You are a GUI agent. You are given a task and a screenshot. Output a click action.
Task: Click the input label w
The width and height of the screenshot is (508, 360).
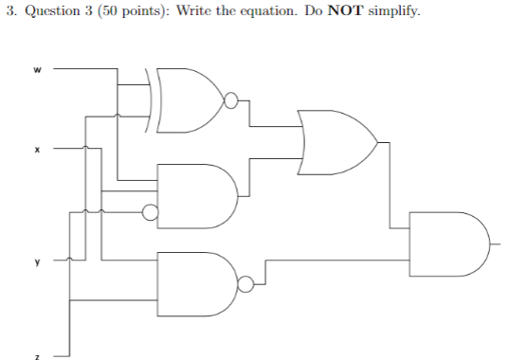(x=38, y=68)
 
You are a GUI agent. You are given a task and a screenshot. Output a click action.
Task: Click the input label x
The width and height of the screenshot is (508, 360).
(x=38, y=149)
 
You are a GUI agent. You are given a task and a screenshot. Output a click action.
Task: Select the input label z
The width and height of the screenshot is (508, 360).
(x=38, y=356)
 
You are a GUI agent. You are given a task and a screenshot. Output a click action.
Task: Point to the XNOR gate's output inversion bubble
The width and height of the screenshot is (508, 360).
(x=229, y=99)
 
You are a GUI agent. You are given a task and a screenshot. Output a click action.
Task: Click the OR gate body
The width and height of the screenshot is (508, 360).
(x=337, y=142)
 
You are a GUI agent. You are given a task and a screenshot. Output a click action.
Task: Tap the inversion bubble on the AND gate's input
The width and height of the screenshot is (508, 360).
(x=149, y=212)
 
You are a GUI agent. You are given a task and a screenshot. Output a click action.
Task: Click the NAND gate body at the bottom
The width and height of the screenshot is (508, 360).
(x=194, y=281)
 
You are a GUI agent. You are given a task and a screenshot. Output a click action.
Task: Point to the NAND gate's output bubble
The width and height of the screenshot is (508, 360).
(x=245, y=281)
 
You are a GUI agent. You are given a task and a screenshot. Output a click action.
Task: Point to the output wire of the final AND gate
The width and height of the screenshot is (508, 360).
(x=497, y=242)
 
